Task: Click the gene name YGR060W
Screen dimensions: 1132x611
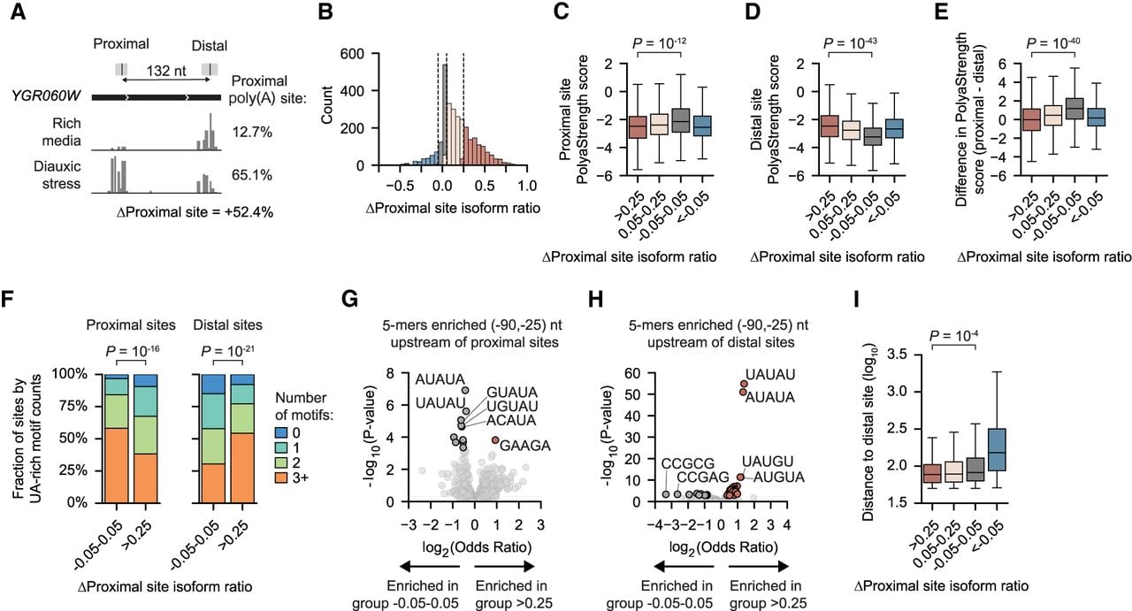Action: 46,95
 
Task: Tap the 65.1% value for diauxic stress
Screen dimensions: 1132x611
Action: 252,175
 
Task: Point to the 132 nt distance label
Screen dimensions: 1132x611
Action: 166,71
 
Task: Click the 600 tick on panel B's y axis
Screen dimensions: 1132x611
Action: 352,54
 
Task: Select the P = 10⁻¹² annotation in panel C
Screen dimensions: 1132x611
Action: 659,43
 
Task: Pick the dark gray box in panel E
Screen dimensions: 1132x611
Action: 1075,109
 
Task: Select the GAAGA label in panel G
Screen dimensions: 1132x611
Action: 525,446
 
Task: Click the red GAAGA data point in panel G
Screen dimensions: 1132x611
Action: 495,440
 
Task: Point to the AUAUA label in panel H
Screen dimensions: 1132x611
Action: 770,398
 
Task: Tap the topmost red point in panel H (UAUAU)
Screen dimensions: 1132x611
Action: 744,384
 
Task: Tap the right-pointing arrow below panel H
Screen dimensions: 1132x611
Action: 759,567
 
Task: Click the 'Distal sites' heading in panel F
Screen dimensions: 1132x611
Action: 228,325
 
